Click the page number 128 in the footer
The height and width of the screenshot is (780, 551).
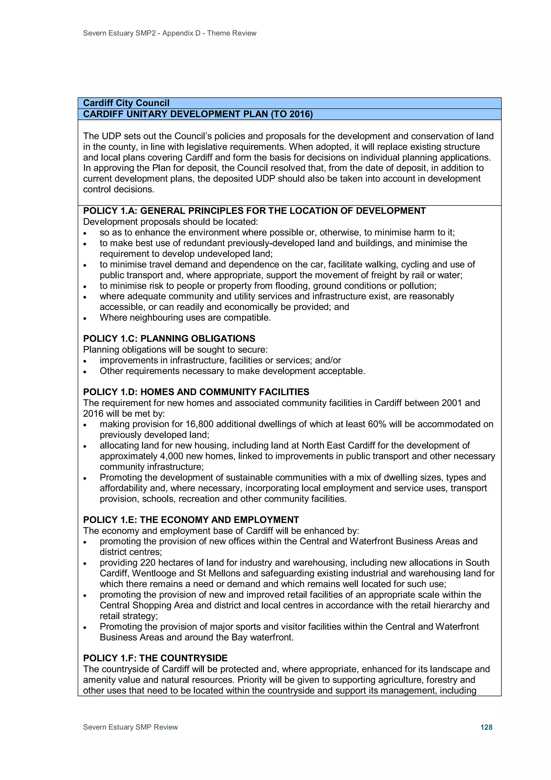(486, 727)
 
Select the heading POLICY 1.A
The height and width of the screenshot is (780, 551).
(254, 211)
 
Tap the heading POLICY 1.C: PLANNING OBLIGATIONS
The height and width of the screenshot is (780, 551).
(169, 339)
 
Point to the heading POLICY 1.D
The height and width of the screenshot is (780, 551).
(196, 392)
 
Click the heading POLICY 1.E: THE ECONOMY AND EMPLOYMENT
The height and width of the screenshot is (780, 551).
(191, 520)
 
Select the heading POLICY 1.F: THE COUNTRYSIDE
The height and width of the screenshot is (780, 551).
(155, 658)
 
